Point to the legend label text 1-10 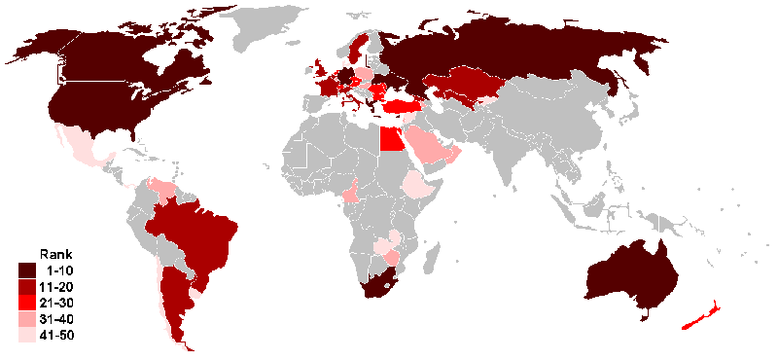(x=61, y=270)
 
